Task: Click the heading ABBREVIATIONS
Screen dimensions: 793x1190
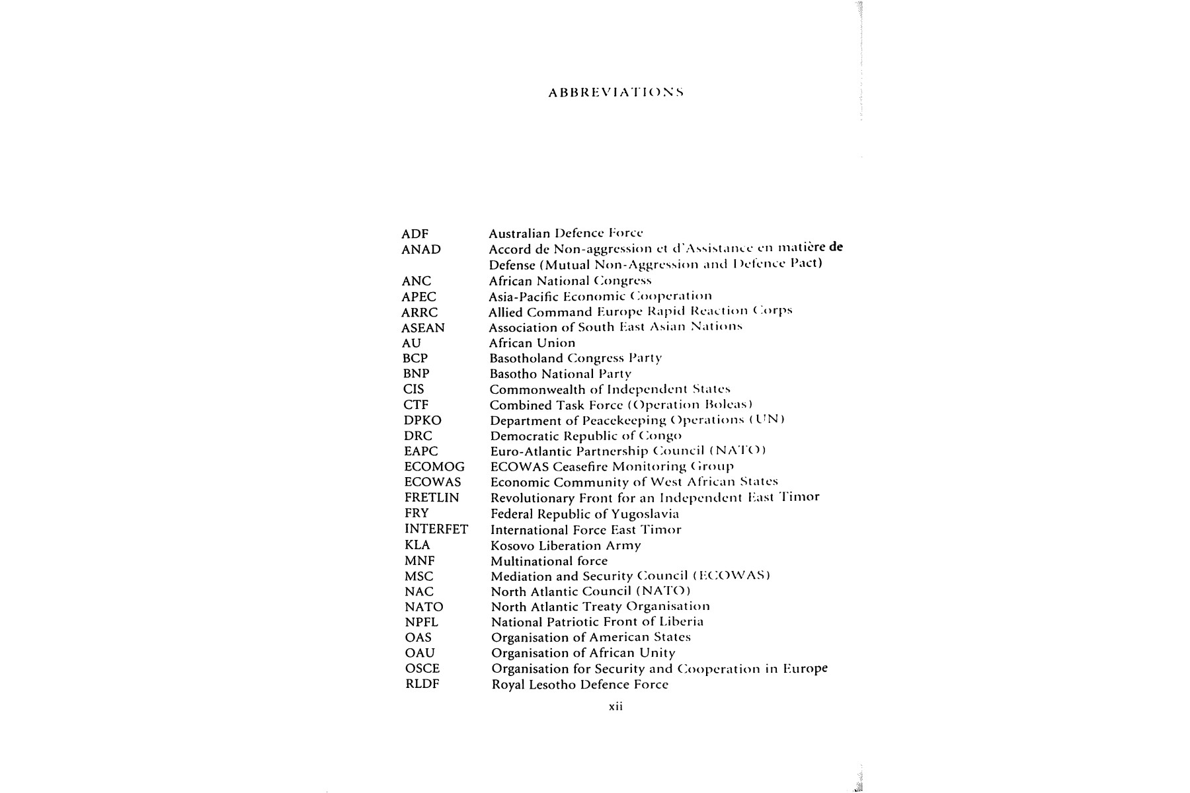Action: point(615,93)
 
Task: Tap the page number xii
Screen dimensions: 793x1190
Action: point(615,706)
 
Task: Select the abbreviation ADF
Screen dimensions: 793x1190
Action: point(415,234)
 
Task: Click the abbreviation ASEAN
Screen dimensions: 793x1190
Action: point(423,328)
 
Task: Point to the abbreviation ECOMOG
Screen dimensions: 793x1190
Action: point(434,467)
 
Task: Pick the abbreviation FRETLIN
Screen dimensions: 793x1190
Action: point(432,498)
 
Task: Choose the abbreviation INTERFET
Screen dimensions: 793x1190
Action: point(436,529)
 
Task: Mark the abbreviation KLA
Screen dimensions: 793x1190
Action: point(417,545)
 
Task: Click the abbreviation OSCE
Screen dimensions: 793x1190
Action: point(422,669)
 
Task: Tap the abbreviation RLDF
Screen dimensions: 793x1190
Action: point(422,684)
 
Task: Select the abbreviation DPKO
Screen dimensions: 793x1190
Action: point(422,420)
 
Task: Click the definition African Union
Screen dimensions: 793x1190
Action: point(532,343)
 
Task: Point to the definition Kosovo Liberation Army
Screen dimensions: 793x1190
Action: point(565,546)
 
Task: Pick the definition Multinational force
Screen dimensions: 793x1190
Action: point(549,561)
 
